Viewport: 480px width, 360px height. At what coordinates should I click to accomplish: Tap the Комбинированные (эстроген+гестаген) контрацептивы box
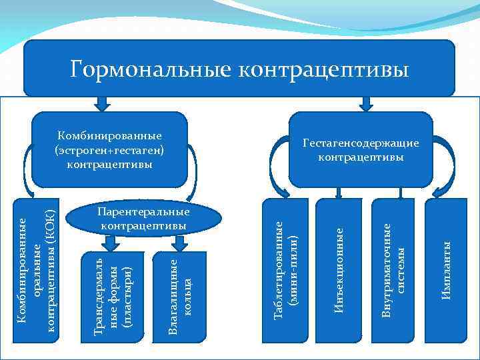click(110, 149)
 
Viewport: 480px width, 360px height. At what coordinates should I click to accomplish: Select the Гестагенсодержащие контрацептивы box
click(361, 149)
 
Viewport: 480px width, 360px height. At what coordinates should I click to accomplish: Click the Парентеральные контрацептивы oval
click(143, 219)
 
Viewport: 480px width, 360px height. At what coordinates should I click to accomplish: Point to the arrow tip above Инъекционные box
click(339, 195)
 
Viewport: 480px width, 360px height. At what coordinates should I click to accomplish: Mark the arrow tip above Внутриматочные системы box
click(393, 195)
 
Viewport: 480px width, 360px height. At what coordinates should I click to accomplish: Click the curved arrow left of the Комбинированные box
click(28, 170)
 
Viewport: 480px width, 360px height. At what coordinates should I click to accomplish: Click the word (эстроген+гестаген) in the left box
click(110, 149)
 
